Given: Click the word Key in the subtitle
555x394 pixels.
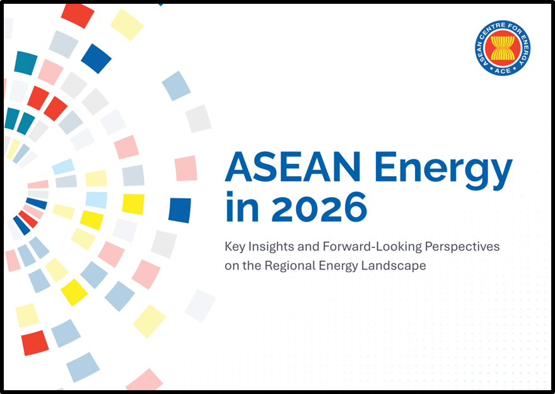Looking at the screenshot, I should click(x=234, y=246).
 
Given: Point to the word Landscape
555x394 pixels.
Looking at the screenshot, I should click(x=395, y=266).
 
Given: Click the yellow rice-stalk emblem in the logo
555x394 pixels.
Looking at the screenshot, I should click(x=503, y=47).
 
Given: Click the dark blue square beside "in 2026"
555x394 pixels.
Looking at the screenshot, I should click(x=180, y=210).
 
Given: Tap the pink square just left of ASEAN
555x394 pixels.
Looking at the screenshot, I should click(x=186, y=169).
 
